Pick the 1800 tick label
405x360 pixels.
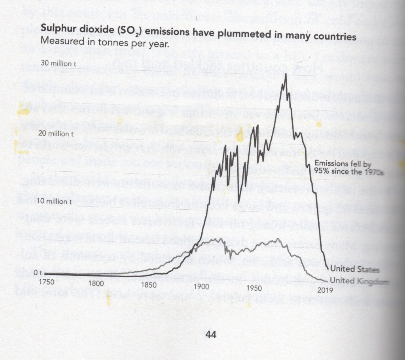click(x=96, y=283)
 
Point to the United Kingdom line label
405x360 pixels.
click(x=358, y=281)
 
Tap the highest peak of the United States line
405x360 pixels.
click(x=285, y=74)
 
